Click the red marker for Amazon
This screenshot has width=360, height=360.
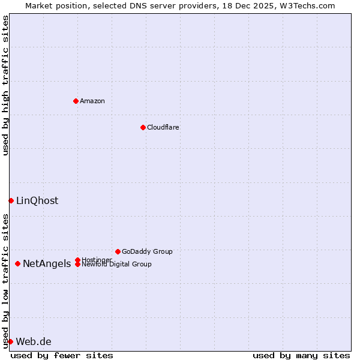76,101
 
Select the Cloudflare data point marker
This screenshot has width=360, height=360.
143,127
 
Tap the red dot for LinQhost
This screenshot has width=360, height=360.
11,200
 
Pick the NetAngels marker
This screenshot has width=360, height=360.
18,263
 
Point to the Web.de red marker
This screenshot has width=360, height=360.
10,341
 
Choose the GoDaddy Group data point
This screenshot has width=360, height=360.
118,251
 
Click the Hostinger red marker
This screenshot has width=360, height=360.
77,260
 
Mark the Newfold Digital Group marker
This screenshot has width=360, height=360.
77,265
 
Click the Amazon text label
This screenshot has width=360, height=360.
92,101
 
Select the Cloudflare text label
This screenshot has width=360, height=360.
163,127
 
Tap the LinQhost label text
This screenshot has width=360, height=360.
37,200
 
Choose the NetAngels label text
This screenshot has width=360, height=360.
47,263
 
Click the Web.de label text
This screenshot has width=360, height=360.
34,341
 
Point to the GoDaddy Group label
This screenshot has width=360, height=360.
147,251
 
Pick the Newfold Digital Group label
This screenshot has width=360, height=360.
117,264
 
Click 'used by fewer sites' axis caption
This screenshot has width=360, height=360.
62,355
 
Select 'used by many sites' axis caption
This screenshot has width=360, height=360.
301,355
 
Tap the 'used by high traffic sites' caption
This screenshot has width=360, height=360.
5,85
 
